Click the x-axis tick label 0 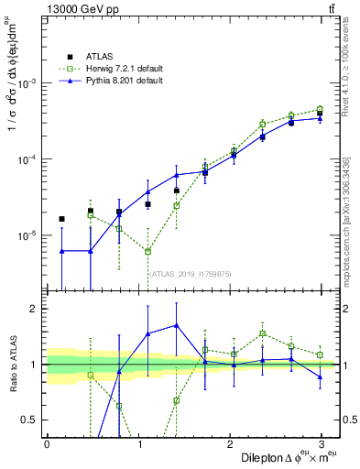coord(47,443)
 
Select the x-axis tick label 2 coord(229,443)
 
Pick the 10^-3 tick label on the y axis coord(27,82)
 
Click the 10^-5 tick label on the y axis coord(27,235)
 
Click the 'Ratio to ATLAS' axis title coord(13,364)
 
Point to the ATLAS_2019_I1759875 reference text coord(191,274)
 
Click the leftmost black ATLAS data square coord(61,219)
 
